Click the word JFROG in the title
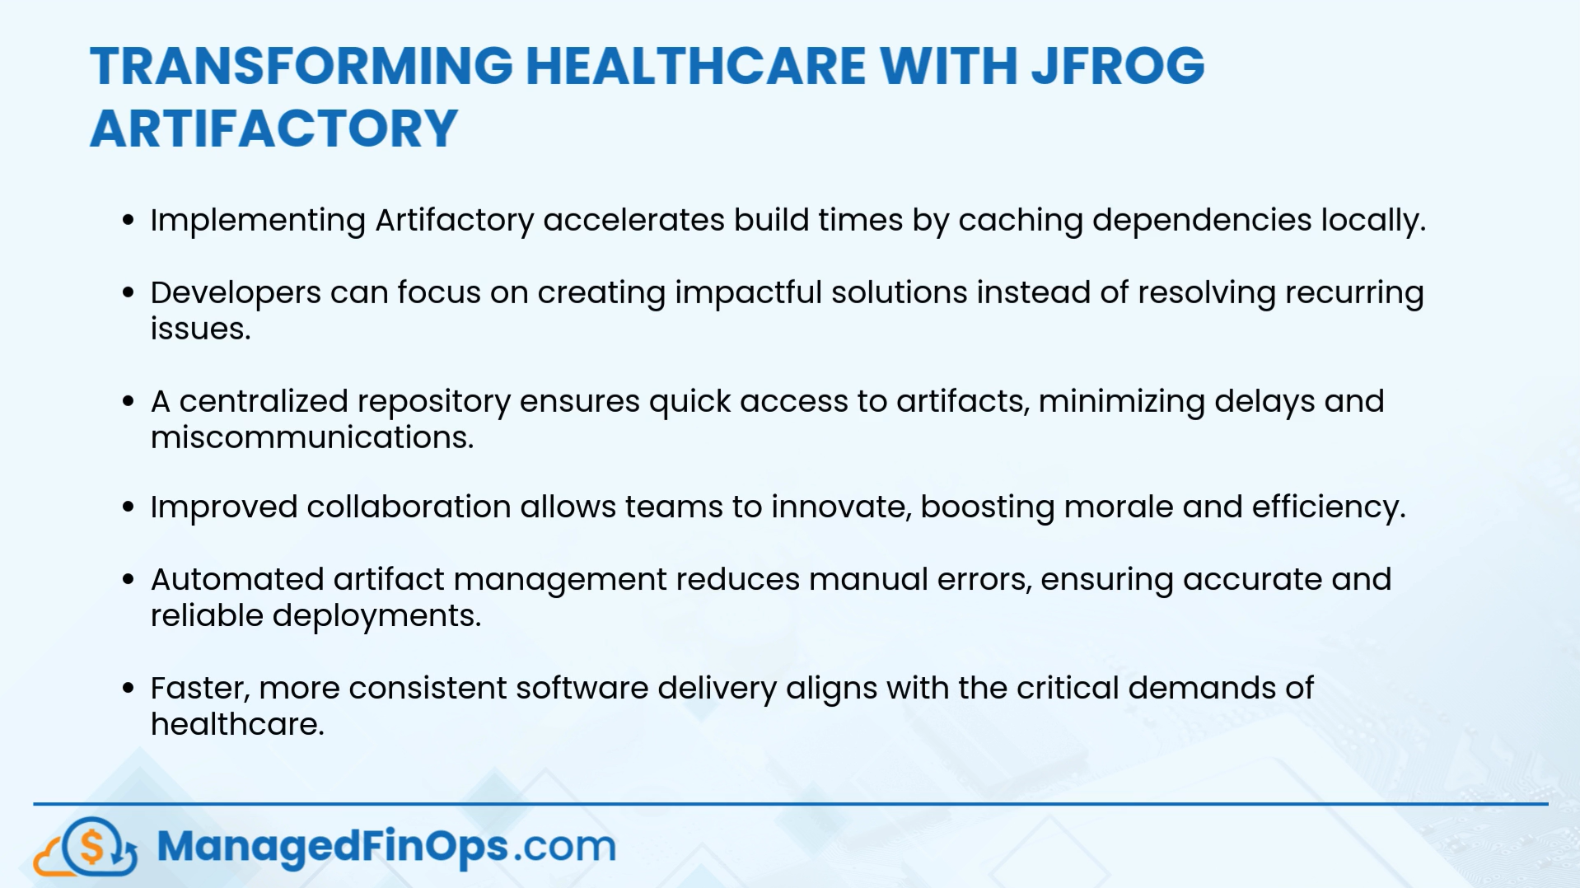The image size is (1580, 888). (1118, 66)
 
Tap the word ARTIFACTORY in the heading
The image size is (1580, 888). (273, 129)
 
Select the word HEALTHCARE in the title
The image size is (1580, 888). (696, 66)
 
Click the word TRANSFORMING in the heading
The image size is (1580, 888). (302, 66)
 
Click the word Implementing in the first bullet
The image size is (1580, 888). (258, 221)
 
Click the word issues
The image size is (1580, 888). (200, 329)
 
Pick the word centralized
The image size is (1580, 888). (264, 402)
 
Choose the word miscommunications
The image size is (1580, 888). (312, 437)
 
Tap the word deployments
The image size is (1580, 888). (376, 616)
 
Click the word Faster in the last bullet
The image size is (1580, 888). (199, 689)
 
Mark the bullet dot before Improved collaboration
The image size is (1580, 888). (128, 507)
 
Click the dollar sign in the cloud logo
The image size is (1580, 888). (91, 846)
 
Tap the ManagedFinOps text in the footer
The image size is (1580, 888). (333, 847)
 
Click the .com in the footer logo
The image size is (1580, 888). (565, 847)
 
